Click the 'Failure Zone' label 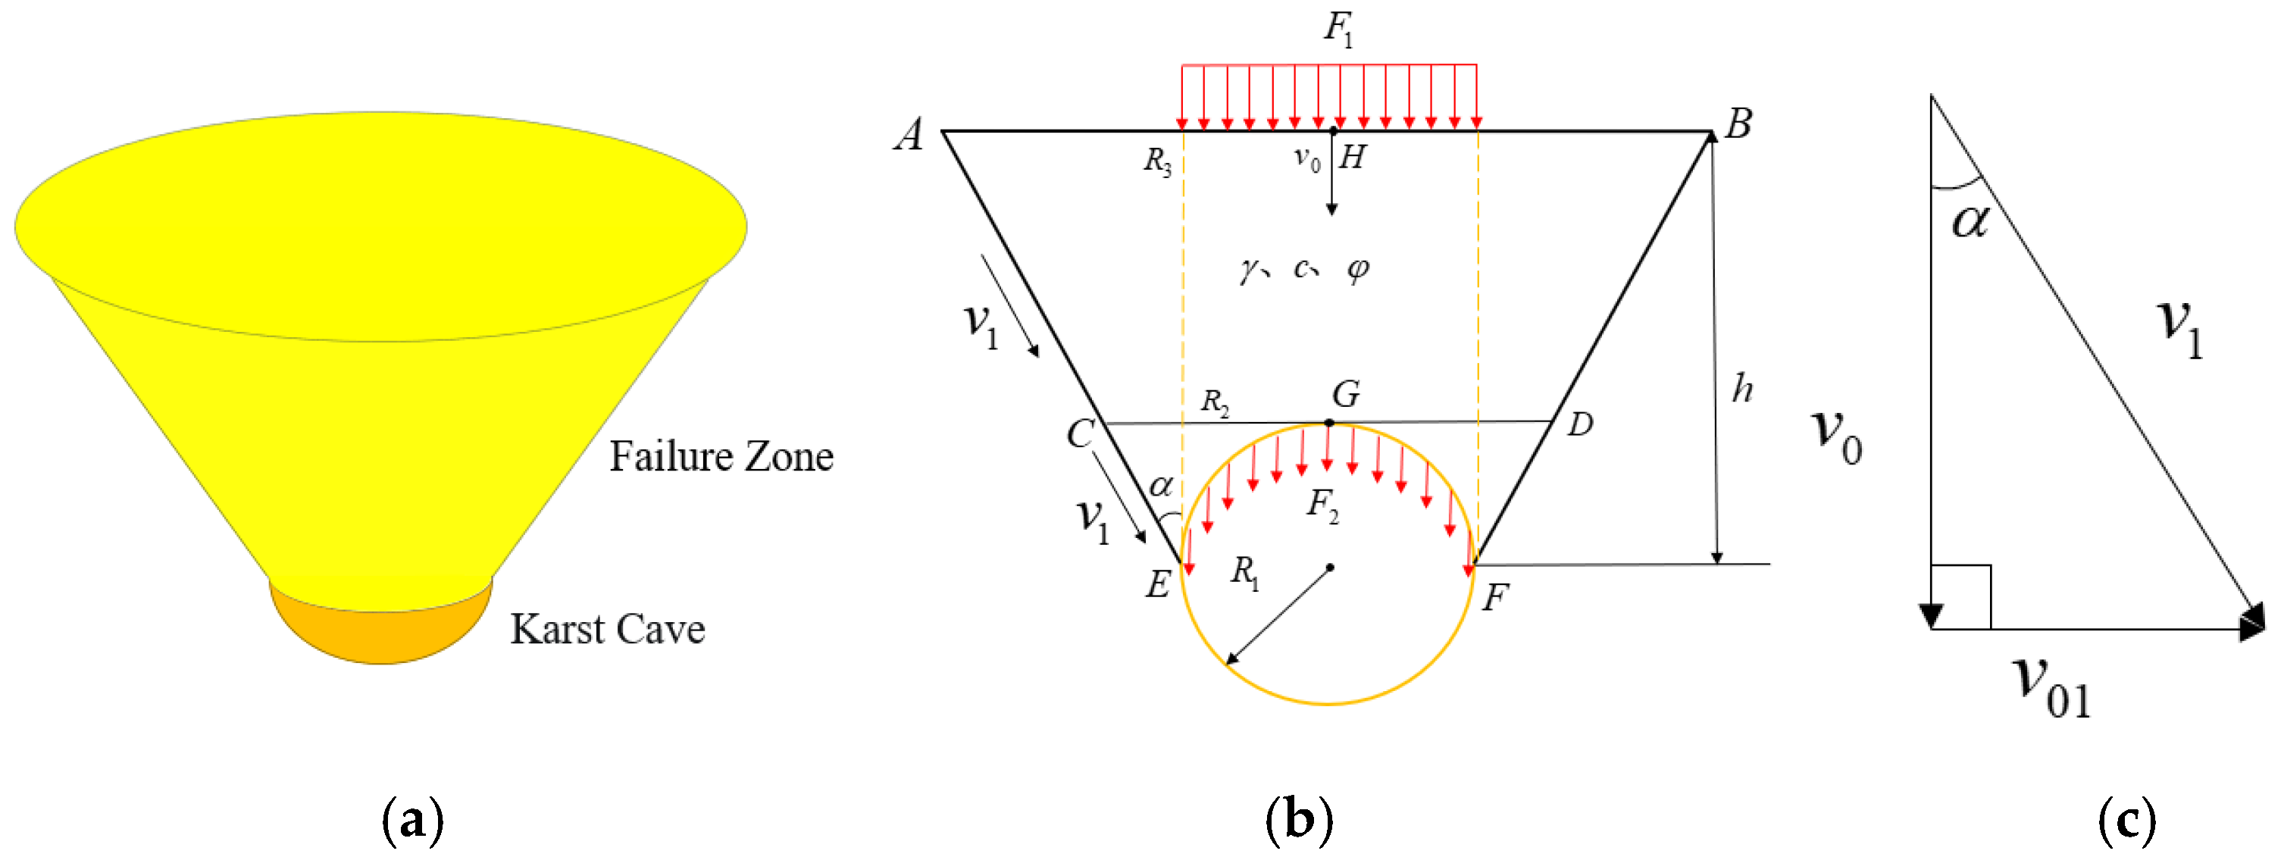pyautogui.click(x=721, y=456)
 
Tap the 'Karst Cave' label pyautogui.click(x=607, y=629)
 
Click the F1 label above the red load pyautogui.click(x=1338, y=28)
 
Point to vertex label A pyautogui.click(x=909, y=136)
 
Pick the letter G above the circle pyautogui.click(x=1346, y=393)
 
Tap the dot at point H pyautogui.click(x=1333, y=131)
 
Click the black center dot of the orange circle pyautogui.click(x=1330, y=568)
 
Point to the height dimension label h pyautogui.click(x=1742, y=388)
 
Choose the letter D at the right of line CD pyautogui.click(x=1580, y=424)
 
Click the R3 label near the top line pyautogui.click(x=1157, y=161)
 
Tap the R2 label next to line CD pyautogui.click(x=1215, y=402)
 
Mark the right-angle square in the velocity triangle pyautogui.click(x=1961, y=596)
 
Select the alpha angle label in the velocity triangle pyautogui.click(x=1970, y=221)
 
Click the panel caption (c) pyautogui.click(x=2126, y=819)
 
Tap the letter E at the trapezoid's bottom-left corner pyautogui.click(x=1158, y=584)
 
